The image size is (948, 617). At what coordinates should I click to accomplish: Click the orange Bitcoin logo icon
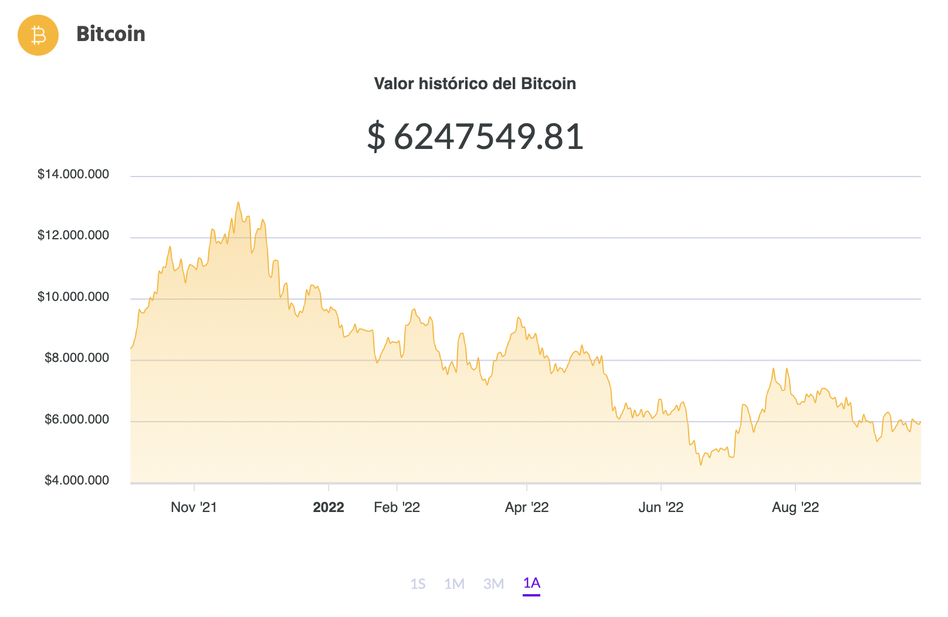coord(38,35)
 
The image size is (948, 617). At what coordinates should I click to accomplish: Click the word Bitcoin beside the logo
coord(111,34)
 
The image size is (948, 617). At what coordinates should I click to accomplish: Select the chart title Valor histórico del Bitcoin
coord(475,84)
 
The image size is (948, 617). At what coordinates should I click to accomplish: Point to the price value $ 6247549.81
coord(475,137)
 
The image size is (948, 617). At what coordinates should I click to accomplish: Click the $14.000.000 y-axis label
coord(73,174)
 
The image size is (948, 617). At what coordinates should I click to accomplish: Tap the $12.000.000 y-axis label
coord(73,235)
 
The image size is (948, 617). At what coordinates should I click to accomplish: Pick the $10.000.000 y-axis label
coord(73,297)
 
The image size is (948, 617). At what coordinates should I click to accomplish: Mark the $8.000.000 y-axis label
coord(77,358)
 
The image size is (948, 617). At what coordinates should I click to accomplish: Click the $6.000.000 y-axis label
coord(77,419)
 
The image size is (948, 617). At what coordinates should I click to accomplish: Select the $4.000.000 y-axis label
coord(77,480)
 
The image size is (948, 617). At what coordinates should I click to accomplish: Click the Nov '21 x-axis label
coord(194,507)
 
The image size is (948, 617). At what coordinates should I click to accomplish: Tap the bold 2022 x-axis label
coord(329,507)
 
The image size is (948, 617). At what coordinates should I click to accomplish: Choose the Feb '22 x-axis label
coord(397,507)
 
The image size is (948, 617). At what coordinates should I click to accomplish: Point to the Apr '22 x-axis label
coord(527,507)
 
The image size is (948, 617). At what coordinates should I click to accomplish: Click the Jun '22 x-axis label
coord(661,507)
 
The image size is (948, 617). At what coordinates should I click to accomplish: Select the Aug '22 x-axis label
coord(795,507)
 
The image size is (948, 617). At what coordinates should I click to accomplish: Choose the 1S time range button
coord(418,584)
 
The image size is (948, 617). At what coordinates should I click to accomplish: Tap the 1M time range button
coord(455,584)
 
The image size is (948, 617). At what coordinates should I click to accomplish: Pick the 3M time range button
coord(494,584)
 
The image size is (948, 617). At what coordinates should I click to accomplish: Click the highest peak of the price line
coord(238,203)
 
